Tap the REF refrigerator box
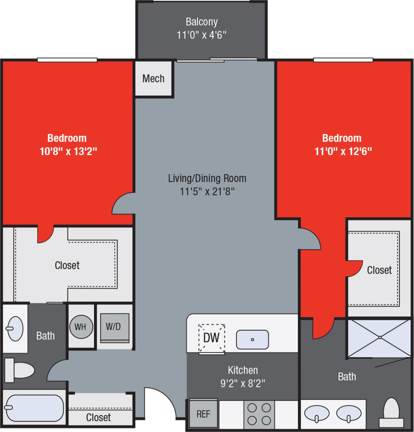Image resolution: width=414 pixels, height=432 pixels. [203, 414]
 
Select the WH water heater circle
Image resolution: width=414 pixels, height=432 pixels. [81, 327]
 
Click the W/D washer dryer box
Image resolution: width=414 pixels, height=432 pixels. [114, 327]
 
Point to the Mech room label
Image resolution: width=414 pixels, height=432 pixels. [153, 79]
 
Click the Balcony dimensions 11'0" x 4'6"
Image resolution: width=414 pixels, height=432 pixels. [201, 35]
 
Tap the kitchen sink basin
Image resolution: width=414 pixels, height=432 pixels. [252, 340]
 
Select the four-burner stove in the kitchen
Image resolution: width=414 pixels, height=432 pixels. [259, 414]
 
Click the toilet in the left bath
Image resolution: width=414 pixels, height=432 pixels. [20, 370]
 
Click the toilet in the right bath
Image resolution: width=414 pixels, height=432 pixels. [392, 412]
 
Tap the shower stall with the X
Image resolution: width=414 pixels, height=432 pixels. [379, 337]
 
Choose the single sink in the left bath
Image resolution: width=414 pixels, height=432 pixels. [15, 328]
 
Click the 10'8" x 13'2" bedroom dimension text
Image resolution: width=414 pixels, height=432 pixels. [68, 151]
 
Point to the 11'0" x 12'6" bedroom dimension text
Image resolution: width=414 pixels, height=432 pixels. [343, 151]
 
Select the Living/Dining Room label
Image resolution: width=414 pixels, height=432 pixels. [207, 178]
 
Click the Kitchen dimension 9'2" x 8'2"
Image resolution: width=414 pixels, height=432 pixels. [243, 383]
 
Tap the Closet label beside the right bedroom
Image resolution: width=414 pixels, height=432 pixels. [379, 270]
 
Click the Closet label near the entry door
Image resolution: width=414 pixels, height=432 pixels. [98, 417]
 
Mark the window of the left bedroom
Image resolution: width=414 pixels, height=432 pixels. [67, 60]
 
